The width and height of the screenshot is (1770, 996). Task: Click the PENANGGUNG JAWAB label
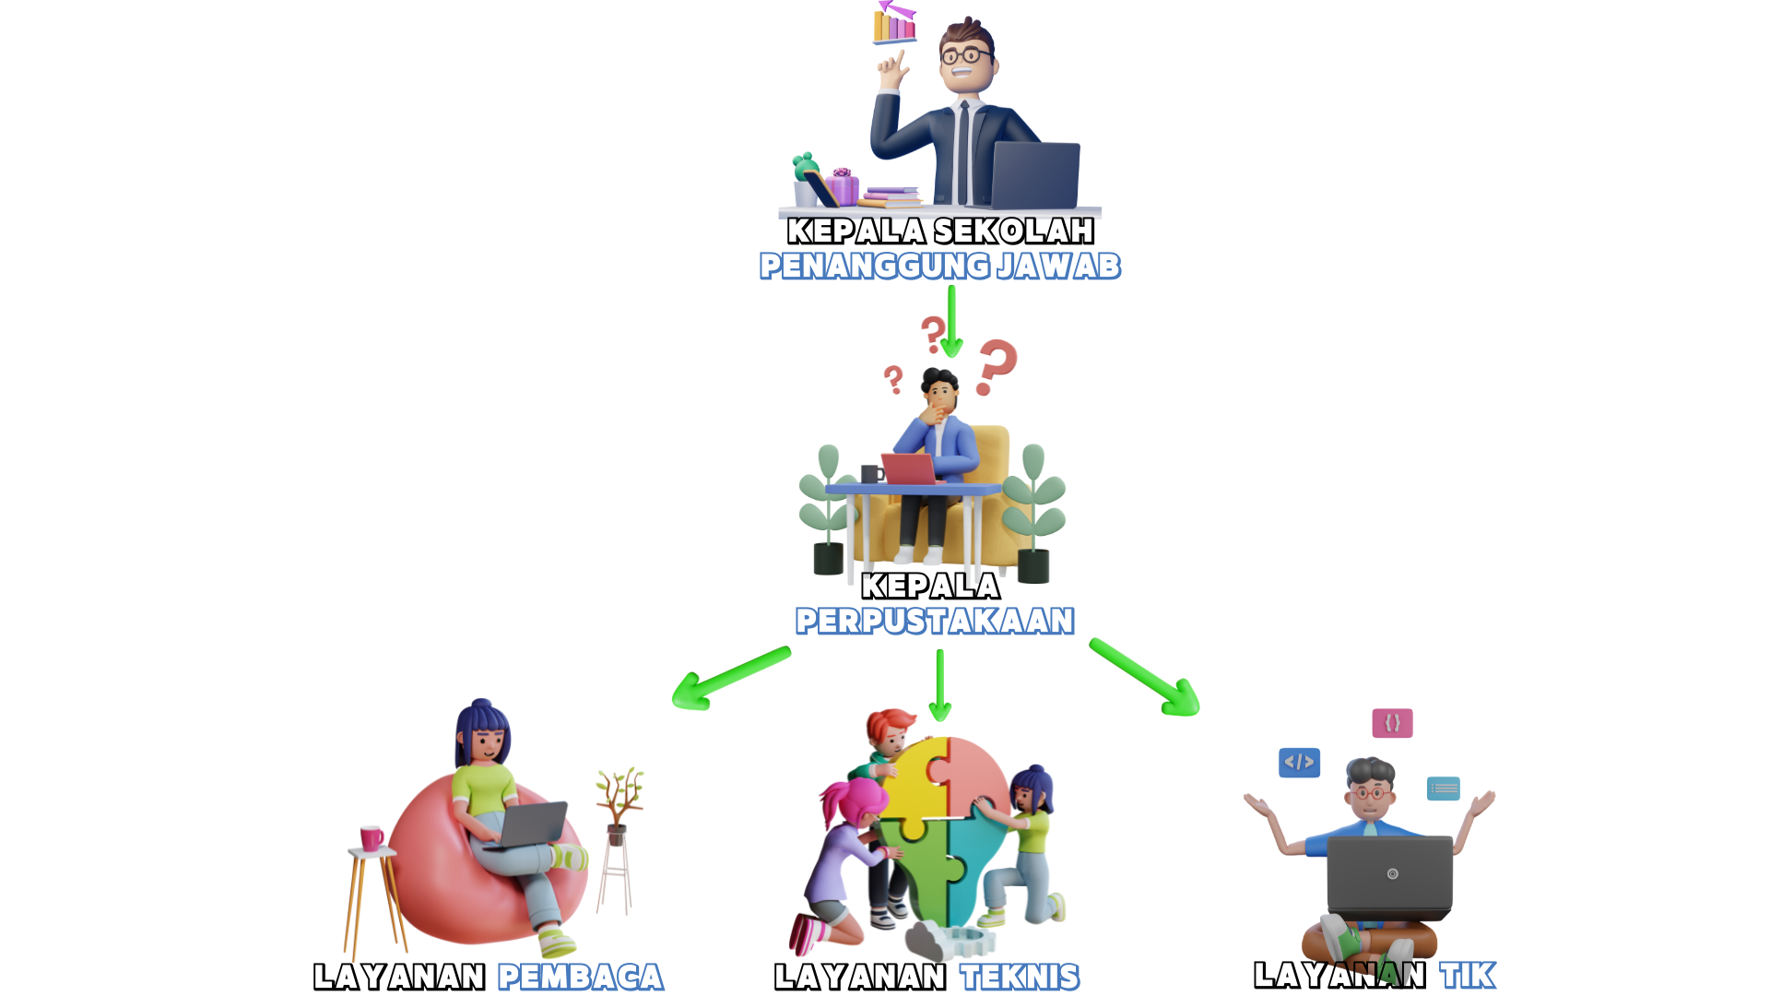click(939, 266)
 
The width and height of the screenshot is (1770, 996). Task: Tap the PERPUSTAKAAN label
click(935, 621)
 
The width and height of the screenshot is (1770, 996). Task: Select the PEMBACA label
click(581, 977)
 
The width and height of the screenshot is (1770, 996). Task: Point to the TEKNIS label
click(1020, 977)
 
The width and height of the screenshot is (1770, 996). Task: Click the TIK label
click(1468, 975)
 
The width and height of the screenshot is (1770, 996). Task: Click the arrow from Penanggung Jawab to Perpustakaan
click(951, 323)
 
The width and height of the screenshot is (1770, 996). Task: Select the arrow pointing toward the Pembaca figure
click(728, 679)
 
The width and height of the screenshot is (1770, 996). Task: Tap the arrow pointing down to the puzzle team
click(939, 686)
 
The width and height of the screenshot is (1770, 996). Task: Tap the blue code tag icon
click(1300, 762)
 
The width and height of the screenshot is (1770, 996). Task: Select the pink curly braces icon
click(1392, 723)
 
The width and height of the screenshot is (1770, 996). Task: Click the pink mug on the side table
click(372, 836)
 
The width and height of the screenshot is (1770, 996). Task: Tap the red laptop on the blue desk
click(909, 468)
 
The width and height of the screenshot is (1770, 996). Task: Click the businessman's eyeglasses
click(965, 55)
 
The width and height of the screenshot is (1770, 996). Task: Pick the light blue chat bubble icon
click(1443, 788)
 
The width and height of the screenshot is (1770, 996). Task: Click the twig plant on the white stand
click(619, 793)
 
